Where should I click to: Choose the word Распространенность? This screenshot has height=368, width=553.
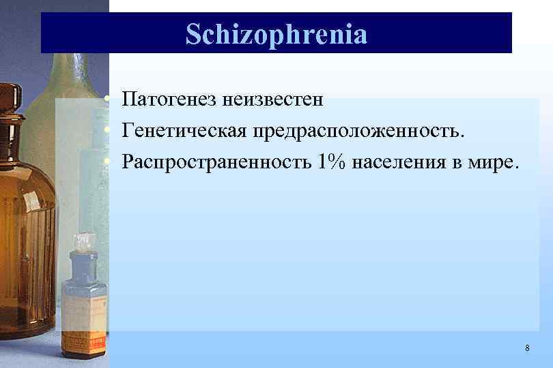(x=216, y=162)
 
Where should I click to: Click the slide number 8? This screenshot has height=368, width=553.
(x=527, y=348)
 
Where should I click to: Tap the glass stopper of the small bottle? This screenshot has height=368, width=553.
(x=84, y=242)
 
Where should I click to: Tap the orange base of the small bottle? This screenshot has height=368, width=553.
(x=83, y=344)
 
